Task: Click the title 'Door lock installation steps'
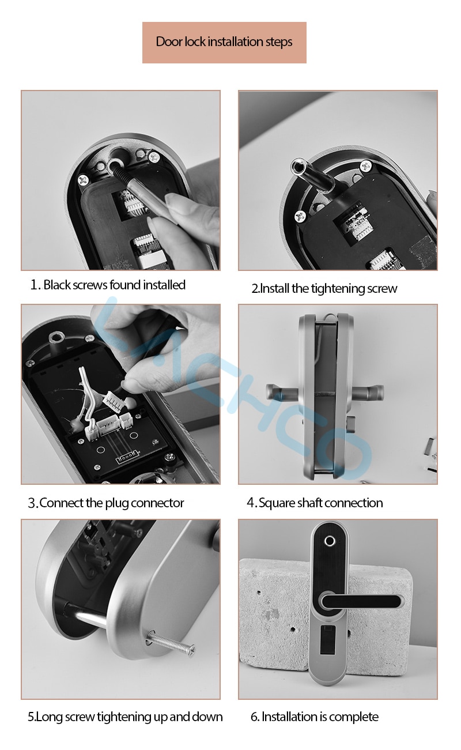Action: click(x=224, y=42)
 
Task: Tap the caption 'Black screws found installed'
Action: click(x=114, y=285)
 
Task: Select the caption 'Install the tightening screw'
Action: click(x=328, y=289)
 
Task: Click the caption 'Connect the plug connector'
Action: click(x=111, y=503)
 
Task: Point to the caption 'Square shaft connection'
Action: click(x=320, y=503)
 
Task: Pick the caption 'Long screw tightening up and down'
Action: click(x=129, y=717)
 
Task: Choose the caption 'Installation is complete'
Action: click(x=320, y=717)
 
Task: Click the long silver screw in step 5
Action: click(x=171, y=641)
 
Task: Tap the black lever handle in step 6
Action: click(x=361, y=602)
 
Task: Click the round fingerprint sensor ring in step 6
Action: click(x=330, y=541)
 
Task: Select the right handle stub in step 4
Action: click(x=368, y=392)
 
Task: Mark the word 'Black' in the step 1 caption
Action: click(x=57, y=285)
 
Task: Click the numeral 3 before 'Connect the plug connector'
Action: click(x=32, y=503)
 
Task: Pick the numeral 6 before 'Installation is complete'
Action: click(x=255, y=717)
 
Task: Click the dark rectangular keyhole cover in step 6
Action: click(x=328, y=639)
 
